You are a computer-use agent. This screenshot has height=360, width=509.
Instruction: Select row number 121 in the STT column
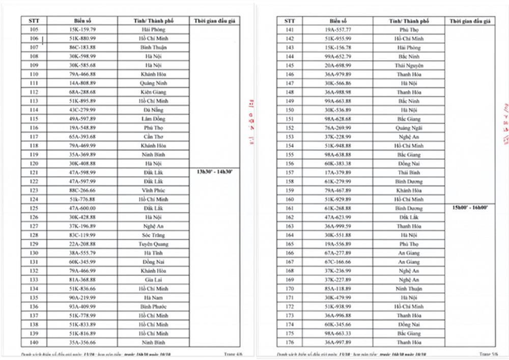[34, 173]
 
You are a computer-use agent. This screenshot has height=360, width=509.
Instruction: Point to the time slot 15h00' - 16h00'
[470, 208]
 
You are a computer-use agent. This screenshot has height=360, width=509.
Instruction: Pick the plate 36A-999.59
[337, 226]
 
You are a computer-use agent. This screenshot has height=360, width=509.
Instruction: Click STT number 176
[290, 342]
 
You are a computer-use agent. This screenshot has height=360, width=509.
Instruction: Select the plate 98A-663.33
[337, 334]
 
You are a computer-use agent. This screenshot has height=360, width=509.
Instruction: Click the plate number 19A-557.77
[337, 30]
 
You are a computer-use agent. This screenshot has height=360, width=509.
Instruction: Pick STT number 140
[34, 342]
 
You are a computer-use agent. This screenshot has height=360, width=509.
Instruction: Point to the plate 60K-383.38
[337, 163]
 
